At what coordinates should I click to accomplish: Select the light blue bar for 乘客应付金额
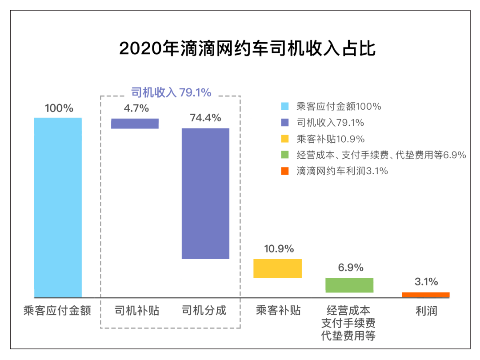pos(58,207)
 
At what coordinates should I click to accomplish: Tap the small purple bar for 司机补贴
pos(135,123)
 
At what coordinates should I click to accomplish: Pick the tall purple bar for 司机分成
pos(205,193)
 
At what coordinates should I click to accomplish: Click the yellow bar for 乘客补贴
pos(277,268)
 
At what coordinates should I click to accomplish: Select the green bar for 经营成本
pos(349,285)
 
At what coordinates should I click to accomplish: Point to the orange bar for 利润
pos(425,295)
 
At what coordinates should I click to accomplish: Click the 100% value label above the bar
pos(59,108)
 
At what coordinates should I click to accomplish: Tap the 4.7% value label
pos(136,108)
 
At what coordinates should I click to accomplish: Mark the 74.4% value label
pos(205,118)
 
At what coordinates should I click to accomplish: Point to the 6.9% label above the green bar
pos(350,268)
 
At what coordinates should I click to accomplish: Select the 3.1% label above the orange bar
pos(426,281)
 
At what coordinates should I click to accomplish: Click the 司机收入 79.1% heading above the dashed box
pos(171,92)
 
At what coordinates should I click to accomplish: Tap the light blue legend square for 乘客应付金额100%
pos(285,106)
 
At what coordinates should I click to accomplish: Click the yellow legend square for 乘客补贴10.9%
pos(285,139)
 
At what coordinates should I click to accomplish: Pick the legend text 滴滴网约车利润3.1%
pos(342,171)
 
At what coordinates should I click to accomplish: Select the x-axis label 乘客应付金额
pos(57,310)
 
